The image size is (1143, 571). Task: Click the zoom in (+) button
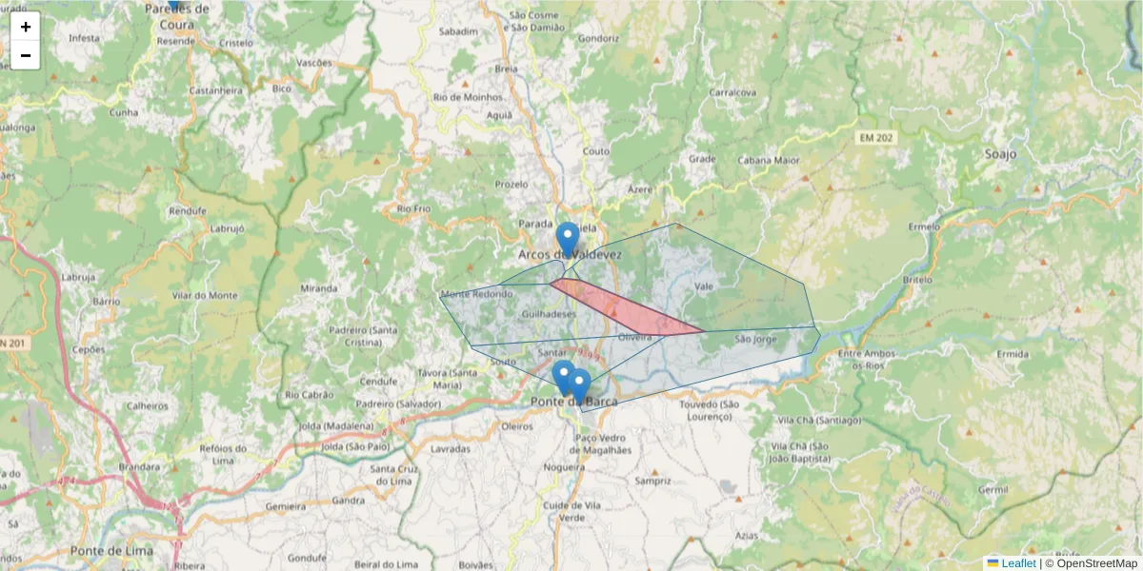point(26,27)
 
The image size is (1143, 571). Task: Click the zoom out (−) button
point(26,55)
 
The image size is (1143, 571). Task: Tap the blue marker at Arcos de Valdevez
point(568,238)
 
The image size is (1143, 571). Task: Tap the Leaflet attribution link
point(1017,563)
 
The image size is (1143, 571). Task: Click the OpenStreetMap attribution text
point(1096,563)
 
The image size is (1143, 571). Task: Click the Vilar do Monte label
point(206,296)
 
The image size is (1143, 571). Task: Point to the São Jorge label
point(756,338)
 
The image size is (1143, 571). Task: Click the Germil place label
point(993,489)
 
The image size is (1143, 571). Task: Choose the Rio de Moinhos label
point(467,97)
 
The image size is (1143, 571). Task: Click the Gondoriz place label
point(598,39)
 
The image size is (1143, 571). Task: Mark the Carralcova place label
point(732,92)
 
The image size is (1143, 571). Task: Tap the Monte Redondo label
point(476,294)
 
